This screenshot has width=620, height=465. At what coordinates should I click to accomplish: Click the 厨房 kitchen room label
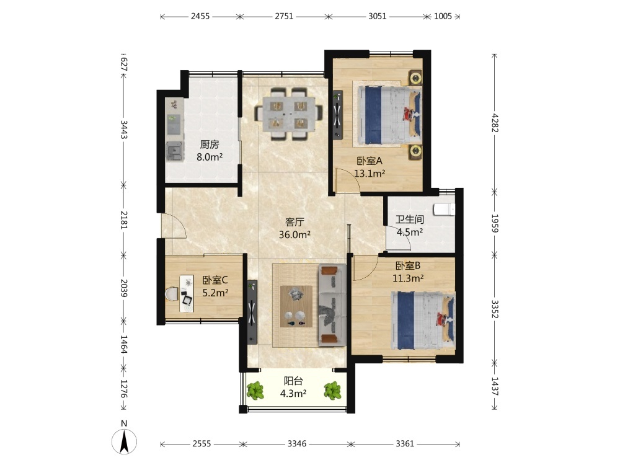coord(209,144)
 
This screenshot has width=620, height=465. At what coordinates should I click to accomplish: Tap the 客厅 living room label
coord(294,222)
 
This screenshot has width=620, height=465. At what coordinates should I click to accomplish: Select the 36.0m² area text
coord(294,234)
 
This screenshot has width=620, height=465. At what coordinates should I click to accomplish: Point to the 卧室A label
coord(370,161)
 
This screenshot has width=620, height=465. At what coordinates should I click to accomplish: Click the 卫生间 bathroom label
coord(410,219)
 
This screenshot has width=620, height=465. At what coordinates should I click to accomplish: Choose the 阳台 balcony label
coord(293,381)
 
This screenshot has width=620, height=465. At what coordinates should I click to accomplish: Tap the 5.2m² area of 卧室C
coord(215,293)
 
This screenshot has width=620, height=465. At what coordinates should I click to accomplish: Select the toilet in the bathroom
coord(444,209)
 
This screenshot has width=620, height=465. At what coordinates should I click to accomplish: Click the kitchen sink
coord(174,151)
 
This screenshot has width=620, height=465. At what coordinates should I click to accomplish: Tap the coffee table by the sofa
coord(296,306)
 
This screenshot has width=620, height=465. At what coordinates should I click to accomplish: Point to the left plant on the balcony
coord(255,391)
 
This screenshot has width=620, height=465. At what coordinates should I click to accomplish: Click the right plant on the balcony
coord(332,391)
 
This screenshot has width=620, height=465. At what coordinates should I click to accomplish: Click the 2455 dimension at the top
coord(200,16)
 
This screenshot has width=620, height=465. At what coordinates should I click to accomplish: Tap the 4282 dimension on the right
coord(495,123)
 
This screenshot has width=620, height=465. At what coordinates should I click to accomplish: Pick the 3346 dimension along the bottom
coord(297,444)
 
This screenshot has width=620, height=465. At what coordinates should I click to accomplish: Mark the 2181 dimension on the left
coord(124,220)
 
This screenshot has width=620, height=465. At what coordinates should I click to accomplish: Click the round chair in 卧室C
coord(171,294)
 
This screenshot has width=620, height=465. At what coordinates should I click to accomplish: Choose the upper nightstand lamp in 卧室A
coord(415,78)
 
